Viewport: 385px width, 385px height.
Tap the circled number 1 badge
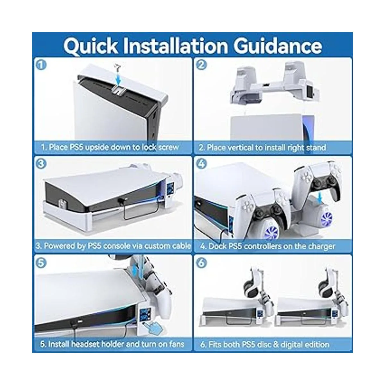[41, 65]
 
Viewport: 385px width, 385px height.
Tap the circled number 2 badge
[201, 65]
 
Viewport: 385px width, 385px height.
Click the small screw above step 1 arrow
[117, 67]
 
